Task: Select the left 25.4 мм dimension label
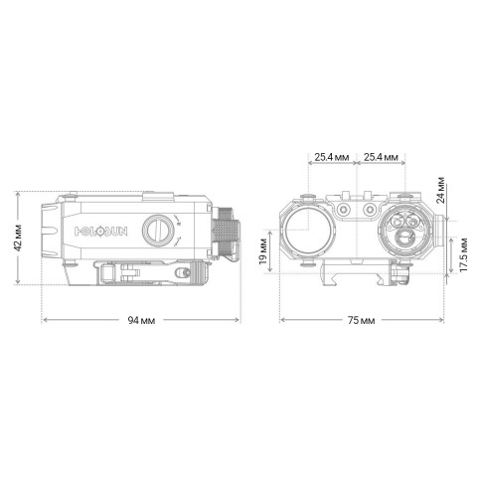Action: pos(329,157)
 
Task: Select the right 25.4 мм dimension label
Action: pos(382,157)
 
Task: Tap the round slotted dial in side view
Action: pos(157,230)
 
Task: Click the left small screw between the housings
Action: pos(345,211)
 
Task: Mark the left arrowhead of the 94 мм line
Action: pos(43,321)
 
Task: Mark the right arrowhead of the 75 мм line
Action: pos(442,321)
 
